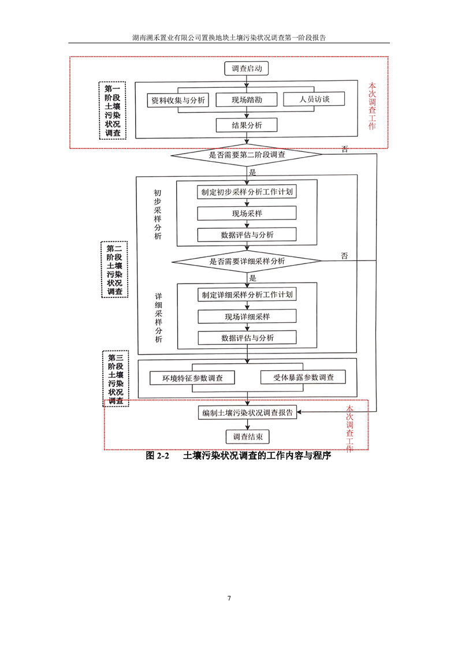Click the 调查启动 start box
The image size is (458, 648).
pos(247,69)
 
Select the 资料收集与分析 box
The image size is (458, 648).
pos(178,100)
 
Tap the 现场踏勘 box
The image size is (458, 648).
pos(247,100)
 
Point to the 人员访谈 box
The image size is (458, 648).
pos(314,99)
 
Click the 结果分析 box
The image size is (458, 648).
pos(247,125)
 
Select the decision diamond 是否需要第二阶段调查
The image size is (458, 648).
pos(247,155)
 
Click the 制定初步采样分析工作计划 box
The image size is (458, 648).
pos(247,192)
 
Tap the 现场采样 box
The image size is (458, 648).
pos(247,213)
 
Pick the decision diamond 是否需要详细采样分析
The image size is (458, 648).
pos(247,261)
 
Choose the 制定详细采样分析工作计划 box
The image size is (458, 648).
pos(247,295)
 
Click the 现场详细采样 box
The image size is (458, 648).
pos(247,316)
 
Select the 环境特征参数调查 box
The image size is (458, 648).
pos(192,378)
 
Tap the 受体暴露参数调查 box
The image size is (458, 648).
pos(303,377)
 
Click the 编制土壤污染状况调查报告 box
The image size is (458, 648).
pos(247,413)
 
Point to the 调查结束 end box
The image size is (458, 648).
pos(248,437)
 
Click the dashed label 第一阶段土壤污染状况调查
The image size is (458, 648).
pos(113,110)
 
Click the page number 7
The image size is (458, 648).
pos(229,598)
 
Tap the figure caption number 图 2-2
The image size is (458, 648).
pos(157,456)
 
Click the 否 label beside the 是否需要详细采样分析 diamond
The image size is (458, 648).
pos(345,256)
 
